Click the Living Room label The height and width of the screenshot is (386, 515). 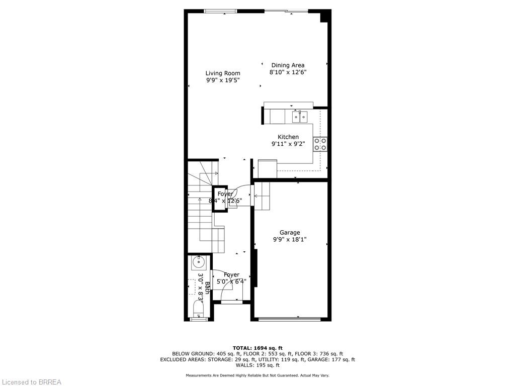coord(223,73)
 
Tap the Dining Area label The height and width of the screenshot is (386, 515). coord(288,65)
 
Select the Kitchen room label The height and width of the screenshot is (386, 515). coord(288,137)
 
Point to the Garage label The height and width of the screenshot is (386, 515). coord(290,232)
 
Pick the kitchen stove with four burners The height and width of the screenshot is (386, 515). coord(320,144)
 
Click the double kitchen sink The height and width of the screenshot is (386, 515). coord(300,117)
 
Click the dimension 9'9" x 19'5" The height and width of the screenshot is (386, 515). coord(223,80)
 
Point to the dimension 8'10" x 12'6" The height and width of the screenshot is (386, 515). coord(288,72)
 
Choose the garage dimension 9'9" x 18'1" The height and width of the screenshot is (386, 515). coord(290,239)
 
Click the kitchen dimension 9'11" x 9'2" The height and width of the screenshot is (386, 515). coord(288,144)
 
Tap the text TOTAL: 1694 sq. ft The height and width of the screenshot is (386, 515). coord(257,348)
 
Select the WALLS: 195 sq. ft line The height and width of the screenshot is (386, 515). coord(257,365)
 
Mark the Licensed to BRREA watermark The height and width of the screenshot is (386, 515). coord(31,382)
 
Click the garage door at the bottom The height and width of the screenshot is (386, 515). coord(290,318)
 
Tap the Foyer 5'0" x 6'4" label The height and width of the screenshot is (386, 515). coord(232,278)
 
